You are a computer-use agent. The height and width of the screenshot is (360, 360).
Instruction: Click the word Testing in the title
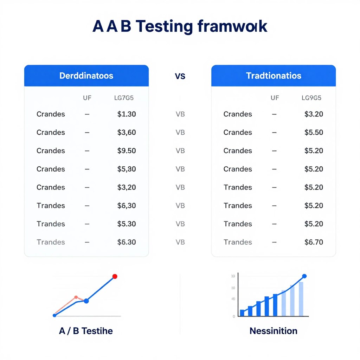point(164,27)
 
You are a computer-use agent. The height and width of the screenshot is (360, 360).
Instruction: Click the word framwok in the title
point(232,27)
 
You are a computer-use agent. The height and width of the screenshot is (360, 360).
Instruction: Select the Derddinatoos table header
point(86,76)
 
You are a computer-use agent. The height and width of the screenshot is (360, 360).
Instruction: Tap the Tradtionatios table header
point(274,76)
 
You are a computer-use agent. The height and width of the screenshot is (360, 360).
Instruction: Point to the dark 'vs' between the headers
point(180,76)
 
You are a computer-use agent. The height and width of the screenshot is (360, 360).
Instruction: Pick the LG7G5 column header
point(124,98)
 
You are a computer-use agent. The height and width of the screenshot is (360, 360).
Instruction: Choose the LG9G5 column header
point(311,98)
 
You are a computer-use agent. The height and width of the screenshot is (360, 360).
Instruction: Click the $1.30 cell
point(127,114)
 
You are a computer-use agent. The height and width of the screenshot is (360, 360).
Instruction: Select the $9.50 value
point(127,151)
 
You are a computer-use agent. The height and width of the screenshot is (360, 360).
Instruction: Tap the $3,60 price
point(127,133)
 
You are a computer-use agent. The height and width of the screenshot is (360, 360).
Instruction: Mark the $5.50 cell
point(314,133)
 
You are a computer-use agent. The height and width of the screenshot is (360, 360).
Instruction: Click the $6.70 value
point(314,242)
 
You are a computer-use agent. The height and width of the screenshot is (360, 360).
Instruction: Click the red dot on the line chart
point(115,276)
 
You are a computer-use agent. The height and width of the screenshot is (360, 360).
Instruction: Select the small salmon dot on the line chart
point(76,297)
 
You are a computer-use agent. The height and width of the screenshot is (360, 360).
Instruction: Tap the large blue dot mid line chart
point(86,301)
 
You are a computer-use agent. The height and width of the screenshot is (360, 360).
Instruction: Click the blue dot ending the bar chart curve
point(304,276)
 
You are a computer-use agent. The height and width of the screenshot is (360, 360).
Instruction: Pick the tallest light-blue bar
point(301,299)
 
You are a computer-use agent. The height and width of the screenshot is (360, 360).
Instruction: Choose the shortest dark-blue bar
point(242,313)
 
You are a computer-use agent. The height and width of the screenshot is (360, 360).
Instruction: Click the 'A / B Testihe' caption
point(86,331)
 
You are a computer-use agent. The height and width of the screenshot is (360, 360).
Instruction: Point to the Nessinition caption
point(274,331)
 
